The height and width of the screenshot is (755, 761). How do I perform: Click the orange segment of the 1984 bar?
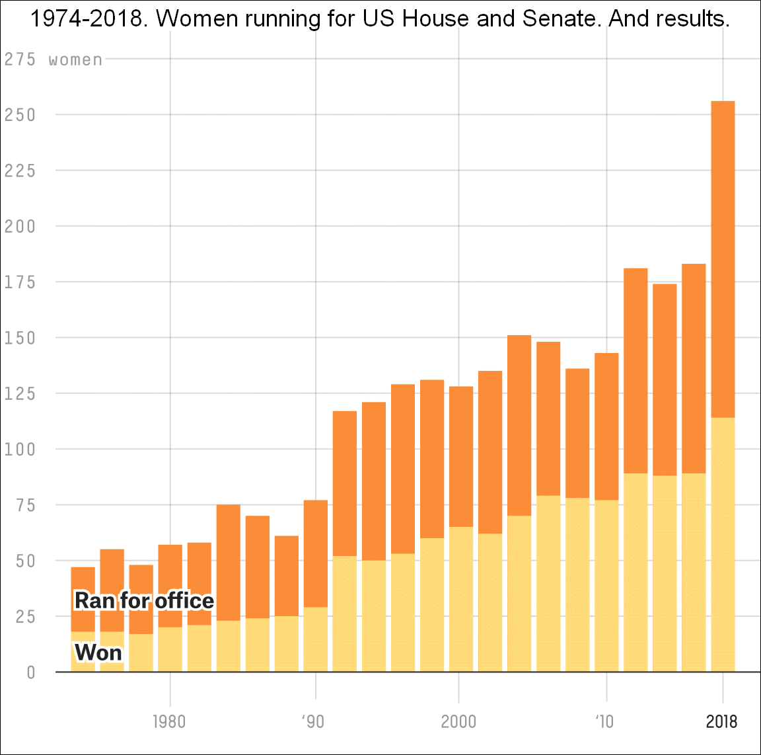[229, 562]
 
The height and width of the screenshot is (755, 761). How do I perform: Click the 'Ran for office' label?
[144, 600]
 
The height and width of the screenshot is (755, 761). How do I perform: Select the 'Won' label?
[98, 653]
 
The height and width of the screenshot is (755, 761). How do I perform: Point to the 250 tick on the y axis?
[20, 115]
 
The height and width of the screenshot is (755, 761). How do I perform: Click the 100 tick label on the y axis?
[20, 450]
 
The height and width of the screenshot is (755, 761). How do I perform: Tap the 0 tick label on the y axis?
[30, 673]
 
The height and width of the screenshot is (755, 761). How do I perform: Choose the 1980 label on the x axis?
[169, 721]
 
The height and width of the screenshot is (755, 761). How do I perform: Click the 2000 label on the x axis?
[458, 721]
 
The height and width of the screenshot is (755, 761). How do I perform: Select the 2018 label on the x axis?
[721, 721]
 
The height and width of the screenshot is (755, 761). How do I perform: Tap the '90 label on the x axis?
[313, 721]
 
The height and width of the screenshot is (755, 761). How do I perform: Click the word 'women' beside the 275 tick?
[76, 60]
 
